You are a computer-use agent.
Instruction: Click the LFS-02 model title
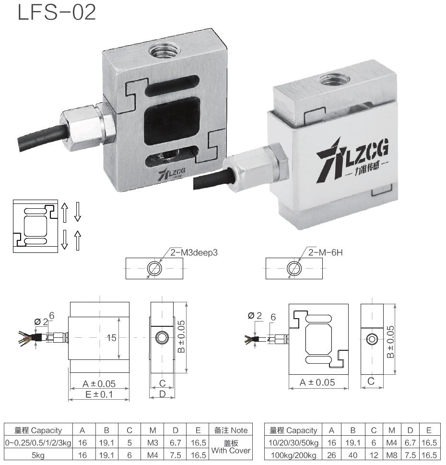pyautogui.click(x=57, y=13)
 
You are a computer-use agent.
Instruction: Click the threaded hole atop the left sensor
pyautogui.click(x=161, y=49)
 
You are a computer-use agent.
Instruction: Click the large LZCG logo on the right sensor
pyautogui.click(x=352, y=156)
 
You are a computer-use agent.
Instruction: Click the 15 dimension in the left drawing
pyautogui.click(x=112, y=338)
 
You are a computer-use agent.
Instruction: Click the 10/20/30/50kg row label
pyautogui.click(x=293, y=442)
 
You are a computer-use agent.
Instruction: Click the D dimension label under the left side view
pyautogui.click(x=162, y=394)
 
